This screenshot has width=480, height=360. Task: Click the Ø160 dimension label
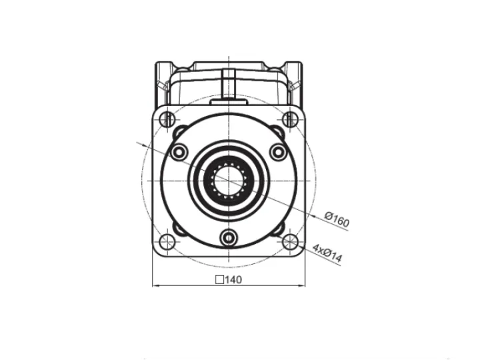[x=337, y=219]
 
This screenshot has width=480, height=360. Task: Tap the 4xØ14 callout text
[x=327, y=253]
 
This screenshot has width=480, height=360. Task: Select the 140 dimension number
[x=233, y=279]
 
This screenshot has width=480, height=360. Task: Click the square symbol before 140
[x=219, y=280]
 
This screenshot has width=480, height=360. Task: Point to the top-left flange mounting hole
[x=167, y=119]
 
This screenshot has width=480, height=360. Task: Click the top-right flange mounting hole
[x=290, y=119]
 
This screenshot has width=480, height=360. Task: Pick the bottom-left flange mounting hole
[x=167, y=241]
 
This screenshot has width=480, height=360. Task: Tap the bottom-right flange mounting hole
[x=290, y=241]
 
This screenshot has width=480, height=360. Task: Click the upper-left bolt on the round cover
[x=179, y=152]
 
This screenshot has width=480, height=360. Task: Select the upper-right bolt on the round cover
[x=278, y=152]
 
